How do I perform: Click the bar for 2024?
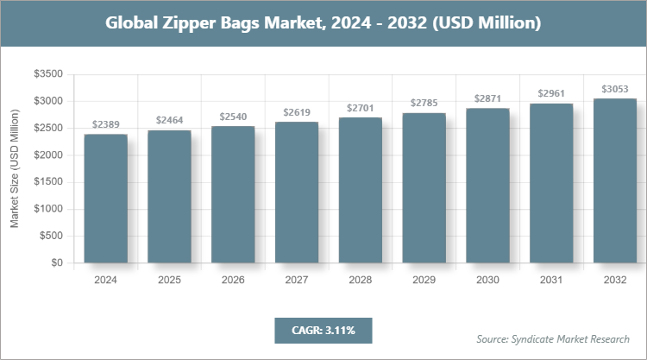point(105,199)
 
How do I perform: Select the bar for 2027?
point(297,193)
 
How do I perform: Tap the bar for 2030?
point(487,186)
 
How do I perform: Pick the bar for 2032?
point(615,180)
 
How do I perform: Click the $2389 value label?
point(105,124)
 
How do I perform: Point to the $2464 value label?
point(169,120)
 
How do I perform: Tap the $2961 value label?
point(551,93)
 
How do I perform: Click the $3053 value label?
point(615,89)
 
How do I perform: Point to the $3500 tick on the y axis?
point(47,75)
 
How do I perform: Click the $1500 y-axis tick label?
point(47,182)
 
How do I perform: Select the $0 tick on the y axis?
point(56,262)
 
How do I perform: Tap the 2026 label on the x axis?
point(233,281)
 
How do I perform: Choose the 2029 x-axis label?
point(424,281)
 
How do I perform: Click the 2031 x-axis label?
point(551,281)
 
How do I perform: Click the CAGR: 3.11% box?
point(323,330)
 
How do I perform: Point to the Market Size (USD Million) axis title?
point(15,168)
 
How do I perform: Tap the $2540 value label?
point(233,116)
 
